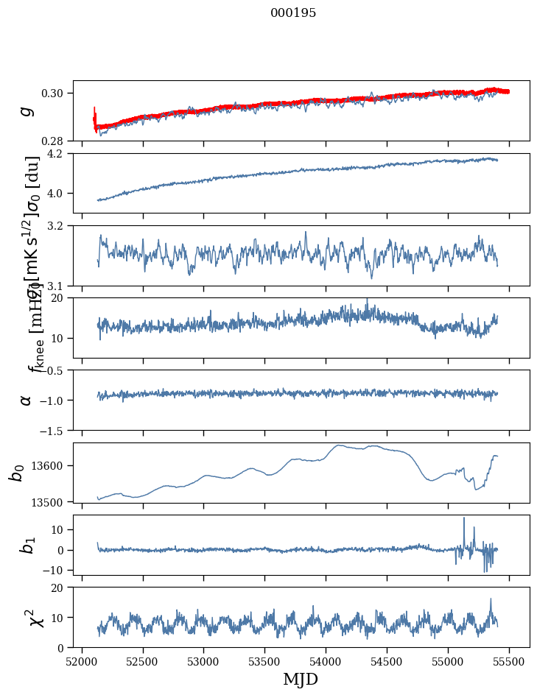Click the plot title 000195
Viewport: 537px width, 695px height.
293,13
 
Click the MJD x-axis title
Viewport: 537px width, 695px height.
301,679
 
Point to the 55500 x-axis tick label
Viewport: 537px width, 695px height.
509,661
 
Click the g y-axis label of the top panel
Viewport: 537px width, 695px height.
27,110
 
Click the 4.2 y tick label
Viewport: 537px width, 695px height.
59,154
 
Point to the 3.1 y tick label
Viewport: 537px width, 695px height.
59,286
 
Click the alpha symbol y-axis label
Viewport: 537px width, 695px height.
27,399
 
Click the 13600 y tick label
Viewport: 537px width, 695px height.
51,465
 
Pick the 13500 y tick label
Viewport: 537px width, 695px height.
51,502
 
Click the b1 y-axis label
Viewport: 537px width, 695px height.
27,545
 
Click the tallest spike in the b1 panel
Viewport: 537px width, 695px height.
464,518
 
